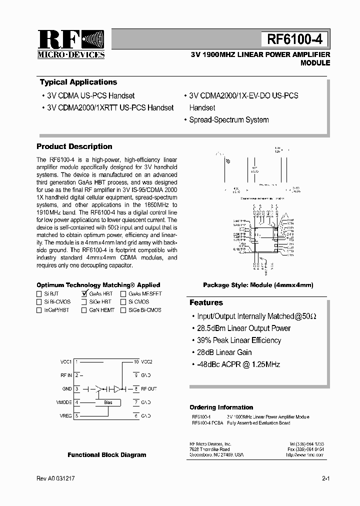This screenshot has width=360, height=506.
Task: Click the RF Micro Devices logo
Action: pyautogui.click(x=71, y=44)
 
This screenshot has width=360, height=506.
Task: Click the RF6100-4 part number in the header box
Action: pyautogui.click(x=294, y=38)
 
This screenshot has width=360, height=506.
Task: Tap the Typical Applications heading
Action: pyautogui.click(x=78, y=82)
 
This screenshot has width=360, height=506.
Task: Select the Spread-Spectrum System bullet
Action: pyautogui.click(x=228, y=120)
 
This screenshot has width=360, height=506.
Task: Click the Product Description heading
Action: pyautogui.click(x=74, y=146)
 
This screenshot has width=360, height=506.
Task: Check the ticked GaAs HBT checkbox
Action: pyautogui.click(x=84, y=294)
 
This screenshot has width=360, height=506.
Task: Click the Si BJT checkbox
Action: pyautogui.click(x=39, y=294)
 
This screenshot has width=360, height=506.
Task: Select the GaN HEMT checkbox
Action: pyautogui.click(x=84, y=310)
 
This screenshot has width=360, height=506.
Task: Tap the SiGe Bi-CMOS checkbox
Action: pyautogui.click(x=123, y=310)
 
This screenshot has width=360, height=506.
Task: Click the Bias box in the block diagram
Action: pyautogui.click(x=108, y=402)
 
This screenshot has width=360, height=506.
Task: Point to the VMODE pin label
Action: pyautogui.click(x=64, y=402)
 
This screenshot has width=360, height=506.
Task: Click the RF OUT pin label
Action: pyautogui.click(x=148, y=388)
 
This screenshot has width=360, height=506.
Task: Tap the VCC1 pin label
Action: pyautogui.click(x=66, y=361)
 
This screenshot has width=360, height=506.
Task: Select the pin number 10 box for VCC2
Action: pyautogui.click(x=136, y=361)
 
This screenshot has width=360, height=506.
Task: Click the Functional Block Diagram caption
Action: pyautogui.click(x=107, y=455)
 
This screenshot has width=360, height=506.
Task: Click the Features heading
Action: pyautogui.click(x=206, y=302)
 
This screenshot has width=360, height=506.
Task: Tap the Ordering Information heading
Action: pyautogui.click(x=221, y=407)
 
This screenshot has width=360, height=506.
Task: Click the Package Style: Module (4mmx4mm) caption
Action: pyautogui.click(x=258, y=285)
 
